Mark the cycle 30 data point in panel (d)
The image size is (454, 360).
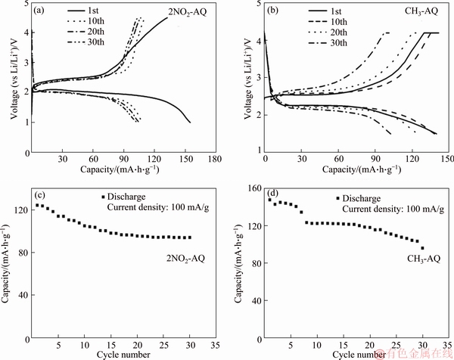(x=422, y=247)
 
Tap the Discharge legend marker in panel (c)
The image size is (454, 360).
(x=103, y=197)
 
